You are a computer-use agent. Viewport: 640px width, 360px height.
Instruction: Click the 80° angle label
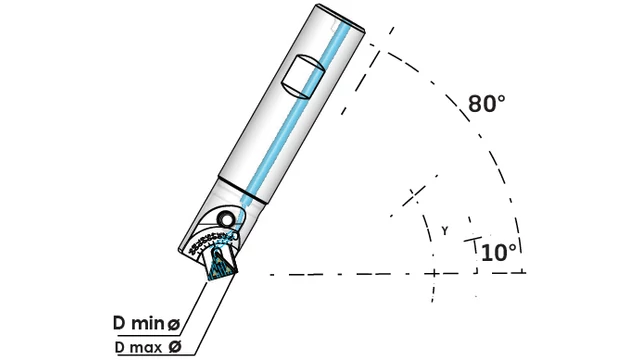click(486, 103)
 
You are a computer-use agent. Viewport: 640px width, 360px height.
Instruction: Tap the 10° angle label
click(499, 253)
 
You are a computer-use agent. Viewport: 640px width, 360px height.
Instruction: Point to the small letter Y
click(445, 231)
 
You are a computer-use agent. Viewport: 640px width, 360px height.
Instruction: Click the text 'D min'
click(139, 323)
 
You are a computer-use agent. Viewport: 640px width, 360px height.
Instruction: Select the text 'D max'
click(138, 347)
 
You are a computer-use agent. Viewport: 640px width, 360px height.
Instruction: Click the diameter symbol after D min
click(174, 324)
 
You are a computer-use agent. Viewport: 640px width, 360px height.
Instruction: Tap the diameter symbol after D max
click(175, 347)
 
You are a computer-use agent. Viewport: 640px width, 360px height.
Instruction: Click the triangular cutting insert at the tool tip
click(221, 266)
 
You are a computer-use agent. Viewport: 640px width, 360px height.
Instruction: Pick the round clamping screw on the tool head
click(226, 219)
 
